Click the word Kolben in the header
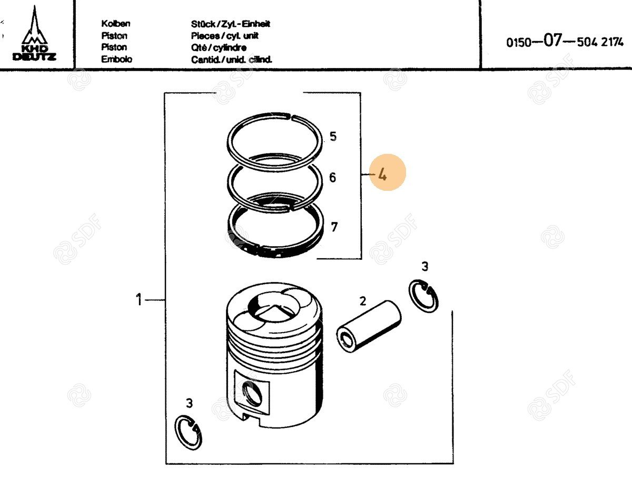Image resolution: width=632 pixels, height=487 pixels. pos(116,23)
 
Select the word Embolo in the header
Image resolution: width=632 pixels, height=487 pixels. pos(116,59)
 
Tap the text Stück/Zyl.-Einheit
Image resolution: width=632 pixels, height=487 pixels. pos(230,24)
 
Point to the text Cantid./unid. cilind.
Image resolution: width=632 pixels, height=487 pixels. pos(232,60)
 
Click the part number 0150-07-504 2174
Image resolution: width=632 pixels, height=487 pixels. pos(565,41)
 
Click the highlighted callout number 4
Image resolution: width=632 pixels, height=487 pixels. pos(382,175)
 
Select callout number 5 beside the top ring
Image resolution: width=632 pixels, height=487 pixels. pos(333,136)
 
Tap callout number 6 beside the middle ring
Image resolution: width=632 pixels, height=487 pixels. pos(333,177)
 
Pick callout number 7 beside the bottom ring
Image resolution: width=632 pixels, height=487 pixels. pos(334,227)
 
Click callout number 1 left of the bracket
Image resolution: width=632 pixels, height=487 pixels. pos(139,299)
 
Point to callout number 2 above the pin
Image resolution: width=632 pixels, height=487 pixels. pos(363,301)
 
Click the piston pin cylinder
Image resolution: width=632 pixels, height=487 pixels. pos(369,326)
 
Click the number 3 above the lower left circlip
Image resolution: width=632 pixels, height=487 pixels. pos(190,403)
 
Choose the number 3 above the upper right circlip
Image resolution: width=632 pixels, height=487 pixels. pos(425,266)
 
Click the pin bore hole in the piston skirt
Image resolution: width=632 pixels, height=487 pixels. pos(252,394)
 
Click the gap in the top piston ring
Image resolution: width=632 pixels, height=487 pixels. pos(291,118)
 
